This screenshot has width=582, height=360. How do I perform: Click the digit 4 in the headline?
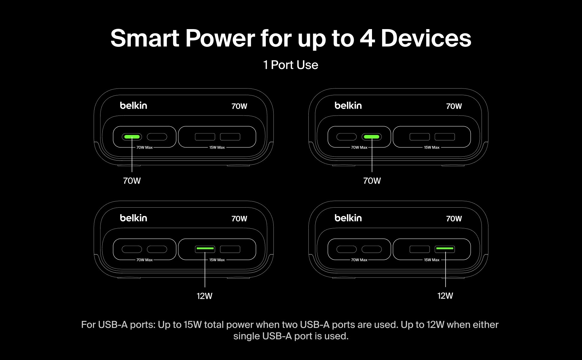pyautogui.click(x=367, y=38)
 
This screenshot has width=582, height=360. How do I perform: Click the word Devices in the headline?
pyautogui.click(x=426, y=38)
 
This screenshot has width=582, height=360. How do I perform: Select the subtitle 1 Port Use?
pyautogui.click(x=291, y=65)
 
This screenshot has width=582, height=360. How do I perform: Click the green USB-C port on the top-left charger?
pyautogui.click(x=132, y=137)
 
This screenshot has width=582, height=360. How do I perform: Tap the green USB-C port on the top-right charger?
pyautogui.click(x=371, y=137)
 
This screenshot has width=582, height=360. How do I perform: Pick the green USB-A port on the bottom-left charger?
pyautogui.click(x=205, y=249)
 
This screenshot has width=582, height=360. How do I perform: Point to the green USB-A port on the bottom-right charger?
pyautogui.click(x=445, y=249)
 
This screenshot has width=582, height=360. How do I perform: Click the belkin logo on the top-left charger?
pyautogui.click(x=133, y=105)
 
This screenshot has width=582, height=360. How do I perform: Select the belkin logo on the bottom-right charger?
pyautogui.click(x=348, y=218)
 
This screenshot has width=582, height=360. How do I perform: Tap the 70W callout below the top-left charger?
pyautogui.click(x=132, y=181)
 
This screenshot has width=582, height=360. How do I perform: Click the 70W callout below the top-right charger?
pyautogui.click(x=372, y=181)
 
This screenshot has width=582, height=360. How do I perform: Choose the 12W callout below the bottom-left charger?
pyautogui.click(x=204, y=296)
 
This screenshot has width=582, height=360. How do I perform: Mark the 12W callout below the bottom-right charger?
pyautogui.click(x=445, y=296)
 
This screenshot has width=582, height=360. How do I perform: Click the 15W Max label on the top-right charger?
pyautogui.click(x=431, y=147)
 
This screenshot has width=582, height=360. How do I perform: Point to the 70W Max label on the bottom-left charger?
pyautogui.click(x=145, y=260)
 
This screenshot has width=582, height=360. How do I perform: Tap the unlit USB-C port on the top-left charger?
pyautogui.click(x=157, y=137)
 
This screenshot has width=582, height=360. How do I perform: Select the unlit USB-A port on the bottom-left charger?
pyautogui.click(x=230, y=249)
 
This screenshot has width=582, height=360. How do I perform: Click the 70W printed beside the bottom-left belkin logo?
pyautogui.click(x=239, y=219)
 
